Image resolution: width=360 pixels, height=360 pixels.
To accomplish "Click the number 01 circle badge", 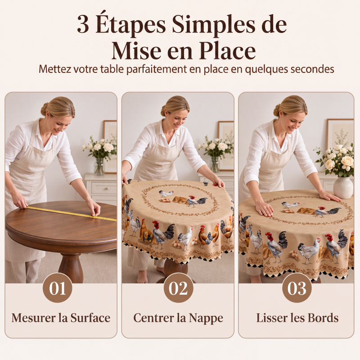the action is [58, 288].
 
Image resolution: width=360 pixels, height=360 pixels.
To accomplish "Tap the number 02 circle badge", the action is [178, 288].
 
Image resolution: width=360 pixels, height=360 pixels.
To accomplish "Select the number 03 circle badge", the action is [297, 288].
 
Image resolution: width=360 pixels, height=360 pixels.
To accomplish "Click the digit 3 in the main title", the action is [83, 25].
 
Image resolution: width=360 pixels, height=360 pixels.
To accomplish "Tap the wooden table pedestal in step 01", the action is [71, 267].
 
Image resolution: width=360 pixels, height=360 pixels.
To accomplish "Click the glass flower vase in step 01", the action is [99, 166].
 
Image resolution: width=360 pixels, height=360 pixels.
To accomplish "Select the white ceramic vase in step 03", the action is [343, 187].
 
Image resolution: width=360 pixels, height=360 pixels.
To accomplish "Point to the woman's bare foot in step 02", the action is [142, 278].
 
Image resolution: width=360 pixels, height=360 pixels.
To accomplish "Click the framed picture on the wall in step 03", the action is [340, 134].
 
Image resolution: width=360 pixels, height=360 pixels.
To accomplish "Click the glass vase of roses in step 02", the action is [215, 164].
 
